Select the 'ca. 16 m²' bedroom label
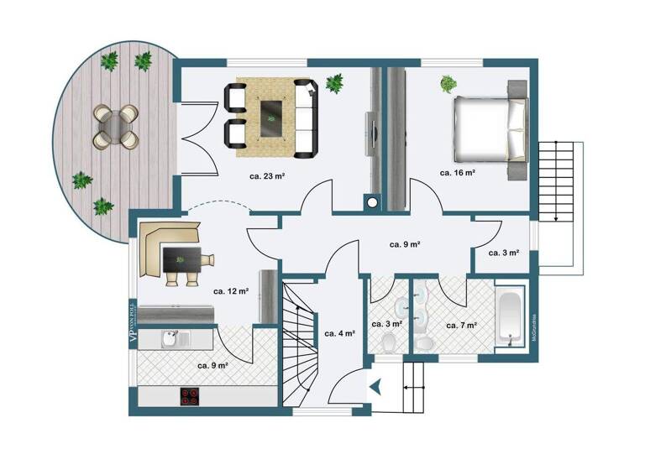point(458,172)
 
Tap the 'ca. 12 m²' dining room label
point(231,291)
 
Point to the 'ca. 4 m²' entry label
point(339,333)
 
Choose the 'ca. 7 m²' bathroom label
point(462,325)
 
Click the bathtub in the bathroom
point(510,316)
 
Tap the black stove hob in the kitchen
point(190,397)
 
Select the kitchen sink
point(170,339)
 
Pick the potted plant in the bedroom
point(448,84)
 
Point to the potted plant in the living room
point(334,82)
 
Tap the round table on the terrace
point(114,126)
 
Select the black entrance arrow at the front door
point(375,387)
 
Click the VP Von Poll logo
point(132,323)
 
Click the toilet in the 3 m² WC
point(389,342)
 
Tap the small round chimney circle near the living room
point(370,201)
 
